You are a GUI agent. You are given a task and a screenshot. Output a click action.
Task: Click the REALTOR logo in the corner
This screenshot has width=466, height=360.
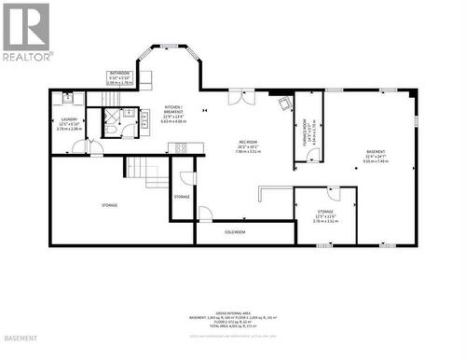coord(26,32)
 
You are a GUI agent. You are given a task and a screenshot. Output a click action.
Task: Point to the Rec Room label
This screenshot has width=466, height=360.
coord(246,145)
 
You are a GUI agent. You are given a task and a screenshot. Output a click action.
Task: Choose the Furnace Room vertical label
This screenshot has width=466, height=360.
coord(305,132)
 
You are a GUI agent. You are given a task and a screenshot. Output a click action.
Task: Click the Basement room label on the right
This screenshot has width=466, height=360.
coord(374,155)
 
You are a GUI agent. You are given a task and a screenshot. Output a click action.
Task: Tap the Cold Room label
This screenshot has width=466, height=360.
coord(235,231)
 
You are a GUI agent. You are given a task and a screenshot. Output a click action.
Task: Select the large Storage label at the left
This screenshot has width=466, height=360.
coord(110,204)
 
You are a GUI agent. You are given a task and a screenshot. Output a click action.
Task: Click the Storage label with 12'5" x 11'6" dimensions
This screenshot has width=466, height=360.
coord(324,217)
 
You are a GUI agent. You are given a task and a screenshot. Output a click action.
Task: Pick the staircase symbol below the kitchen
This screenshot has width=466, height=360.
coord(145,172)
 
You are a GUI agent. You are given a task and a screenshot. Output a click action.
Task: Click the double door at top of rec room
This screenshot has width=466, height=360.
coord(240,96)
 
